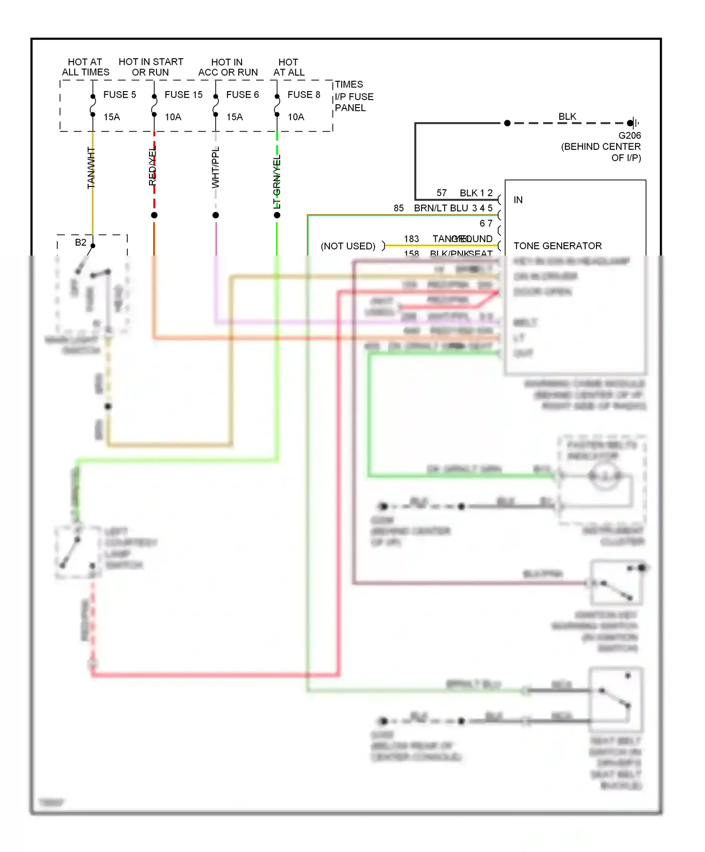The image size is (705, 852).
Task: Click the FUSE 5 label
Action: (x=119, y=95)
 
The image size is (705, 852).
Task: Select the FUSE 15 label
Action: (x=183, y=95)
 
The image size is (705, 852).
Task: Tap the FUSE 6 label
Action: (x=243, y=95)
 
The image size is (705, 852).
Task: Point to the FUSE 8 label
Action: (x=304, y=95)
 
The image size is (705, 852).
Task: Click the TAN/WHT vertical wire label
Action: (x=91, y=168)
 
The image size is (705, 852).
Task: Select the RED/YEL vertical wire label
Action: (x=152, y=166)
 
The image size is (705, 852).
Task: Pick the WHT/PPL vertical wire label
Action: (x=216, y=167)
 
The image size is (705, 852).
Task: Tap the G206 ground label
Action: (x=629, y=136)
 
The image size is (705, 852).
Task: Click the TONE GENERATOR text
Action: (x=557, y=246)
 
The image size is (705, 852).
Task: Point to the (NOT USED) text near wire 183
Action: (x=348, y=246)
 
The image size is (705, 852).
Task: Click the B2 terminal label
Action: (x=81, y=242)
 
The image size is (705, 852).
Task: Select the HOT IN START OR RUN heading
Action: (x=151, y=67)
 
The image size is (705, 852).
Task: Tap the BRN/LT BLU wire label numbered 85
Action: (x=441, y=208)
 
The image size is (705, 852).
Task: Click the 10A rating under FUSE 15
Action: (x=173, y=117)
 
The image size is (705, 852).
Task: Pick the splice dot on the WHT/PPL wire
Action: (x=216, y=215)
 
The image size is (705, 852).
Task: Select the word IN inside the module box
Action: (x=518, y=200)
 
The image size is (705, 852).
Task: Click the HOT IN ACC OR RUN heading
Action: (x=228, y=67)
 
